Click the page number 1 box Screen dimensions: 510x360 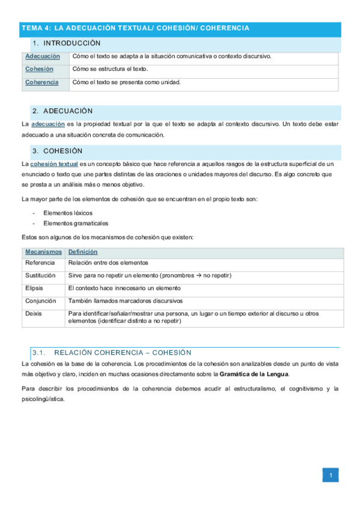click(x=330, y=476)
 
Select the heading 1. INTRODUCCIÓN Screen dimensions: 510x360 click(x=66, y=43)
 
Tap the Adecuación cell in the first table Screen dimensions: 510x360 click(x=43, y=57)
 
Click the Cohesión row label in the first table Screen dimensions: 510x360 click(x=39, y=69)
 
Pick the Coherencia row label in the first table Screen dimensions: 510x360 click(x=42, y=82)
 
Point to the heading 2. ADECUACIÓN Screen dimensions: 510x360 click(x=63, y=111)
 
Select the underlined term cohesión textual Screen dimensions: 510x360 click(x=54, y=164)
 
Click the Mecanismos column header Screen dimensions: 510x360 click(x=43, y=252)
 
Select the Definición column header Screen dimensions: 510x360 click(x=83, y=252)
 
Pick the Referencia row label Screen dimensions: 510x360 click(x=40, y=263)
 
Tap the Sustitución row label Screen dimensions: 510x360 click(x=41, y=275)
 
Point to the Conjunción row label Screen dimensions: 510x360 click(x=41, y=301)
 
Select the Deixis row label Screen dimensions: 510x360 click(x=34, y=313)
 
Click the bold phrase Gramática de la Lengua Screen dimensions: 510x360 click(x=254, y=374)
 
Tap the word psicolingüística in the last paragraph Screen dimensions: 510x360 click(x=42, y=399)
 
